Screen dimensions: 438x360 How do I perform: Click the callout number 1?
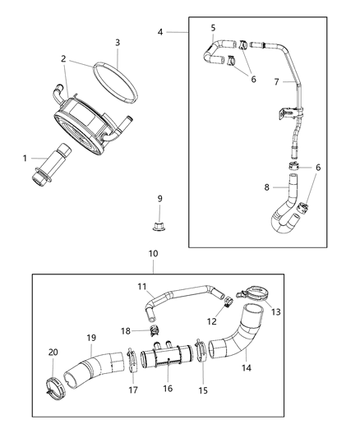click(24, 158)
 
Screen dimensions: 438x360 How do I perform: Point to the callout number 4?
click(161, 31)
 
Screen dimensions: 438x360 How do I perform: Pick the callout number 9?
click(160, 198)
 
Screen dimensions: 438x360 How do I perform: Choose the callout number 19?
click(91, 337)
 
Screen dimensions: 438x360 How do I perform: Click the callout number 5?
click(212, 28)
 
